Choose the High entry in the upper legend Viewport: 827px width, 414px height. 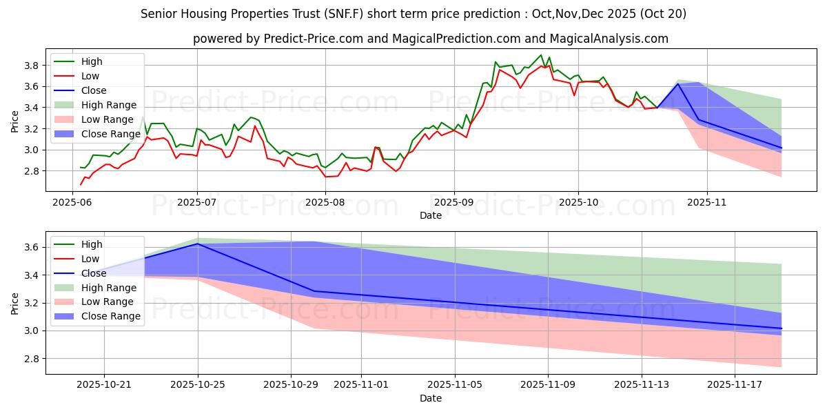point(91,61)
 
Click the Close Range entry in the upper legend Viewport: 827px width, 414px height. point(110,134)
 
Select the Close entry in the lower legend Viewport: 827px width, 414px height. point(94,273)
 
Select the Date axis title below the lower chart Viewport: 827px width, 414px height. point(431,399)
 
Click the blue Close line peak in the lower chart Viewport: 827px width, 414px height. point(198,244)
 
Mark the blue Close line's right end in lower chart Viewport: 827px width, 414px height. point(782,328)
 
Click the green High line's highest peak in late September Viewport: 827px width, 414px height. point(541,55)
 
